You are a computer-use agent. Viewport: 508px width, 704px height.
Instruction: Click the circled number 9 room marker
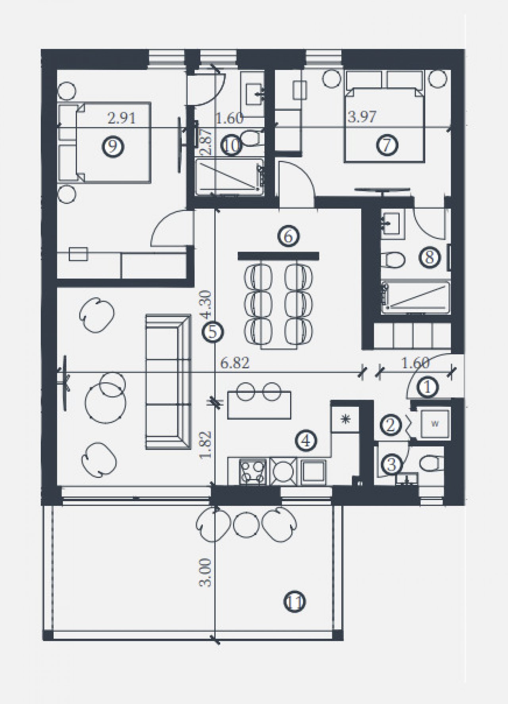click(113, 147)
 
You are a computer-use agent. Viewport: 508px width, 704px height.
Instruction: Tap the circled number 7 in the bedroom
click(387, 145)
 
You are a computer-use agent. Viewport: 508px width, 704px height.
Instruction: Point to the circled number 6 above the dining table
click(289, 237)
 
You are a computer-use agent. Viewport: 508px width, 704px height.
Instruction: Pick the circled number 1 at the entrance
click(428, 387)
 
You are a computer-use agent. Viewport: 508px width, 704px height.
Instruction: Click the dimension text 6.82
click(235, 364)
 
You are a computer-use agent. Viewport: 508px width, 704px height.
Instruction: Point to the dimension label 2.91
click(121, 118)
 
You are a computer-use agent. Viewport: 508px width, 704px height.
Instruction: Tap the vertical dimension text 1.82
click(207, 445)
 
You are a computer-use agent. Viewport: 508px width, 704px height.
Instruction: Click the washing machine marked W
click(435, 424)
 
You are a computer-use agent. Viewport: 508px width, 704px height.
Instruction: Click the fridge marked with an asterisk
click(345, 419)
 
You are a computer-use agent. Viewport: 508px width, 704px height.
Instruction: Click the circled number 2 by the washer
click(391, 425)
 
